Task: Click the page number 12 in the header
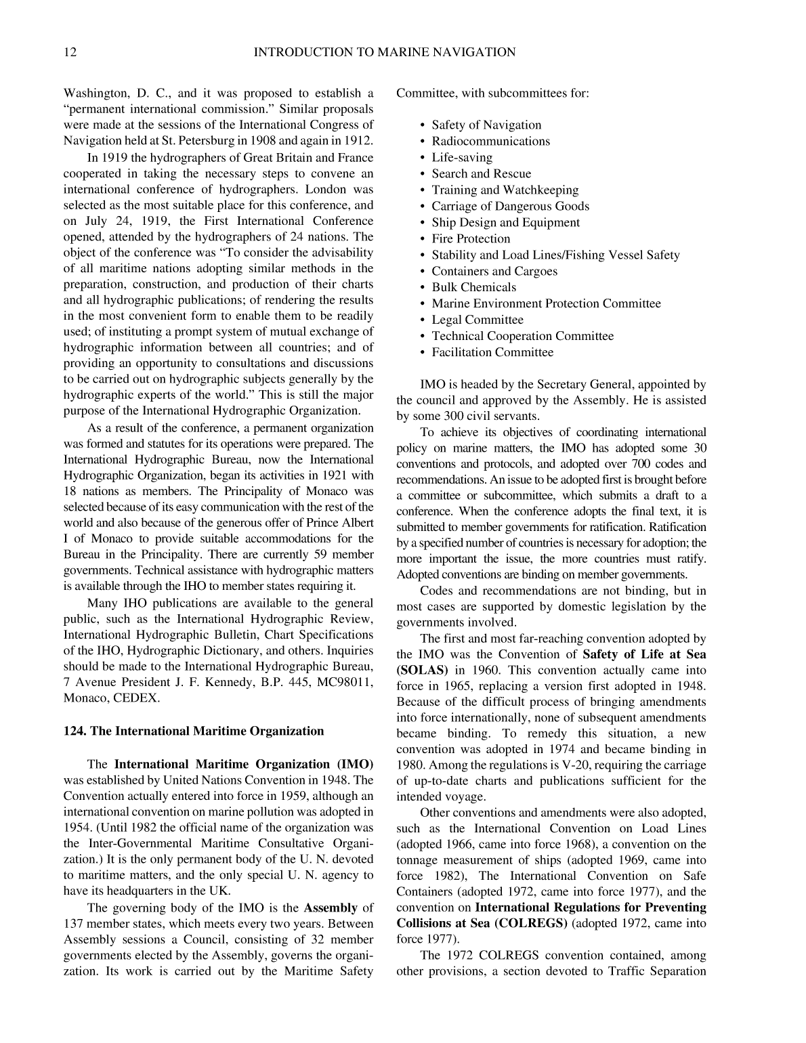click(x=70, y=52)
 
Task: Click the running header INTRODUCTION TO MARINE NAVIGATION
click(x=384, y=52)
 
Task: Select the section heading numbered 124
click(x=194, y=731)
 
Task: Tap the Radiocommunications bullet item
click(x=490, y=141)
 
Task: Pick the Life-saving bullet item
click(x=462, y=157)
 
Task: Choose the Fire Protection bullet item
click(x=471, y=238)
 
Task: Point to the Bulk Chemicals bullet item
click(x=473, y=287)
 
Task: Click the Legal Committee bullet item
click(x=478, y=320)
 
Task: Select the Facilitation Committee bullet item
click(x=492, y=352)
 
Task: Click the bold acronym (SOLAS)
click(x=422, y=670)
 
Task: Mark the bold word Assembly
click(x=331, y=908)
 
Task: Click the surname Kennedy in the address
click(x=224, y=681)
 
